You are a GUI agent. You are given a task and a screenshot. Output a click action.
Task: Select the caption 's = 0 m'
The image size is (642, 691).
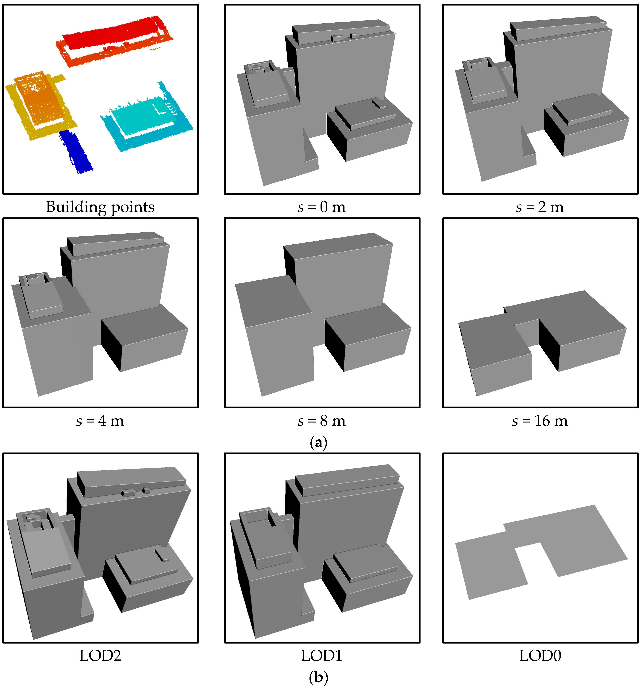click(322, 207)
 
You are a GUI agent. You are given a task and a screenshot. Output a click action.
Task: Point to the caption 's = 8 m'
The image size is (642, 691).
click(322, 421)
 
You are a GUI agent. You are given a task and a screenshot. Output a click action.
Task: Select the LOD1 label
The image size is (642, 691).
click(322, 656)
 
